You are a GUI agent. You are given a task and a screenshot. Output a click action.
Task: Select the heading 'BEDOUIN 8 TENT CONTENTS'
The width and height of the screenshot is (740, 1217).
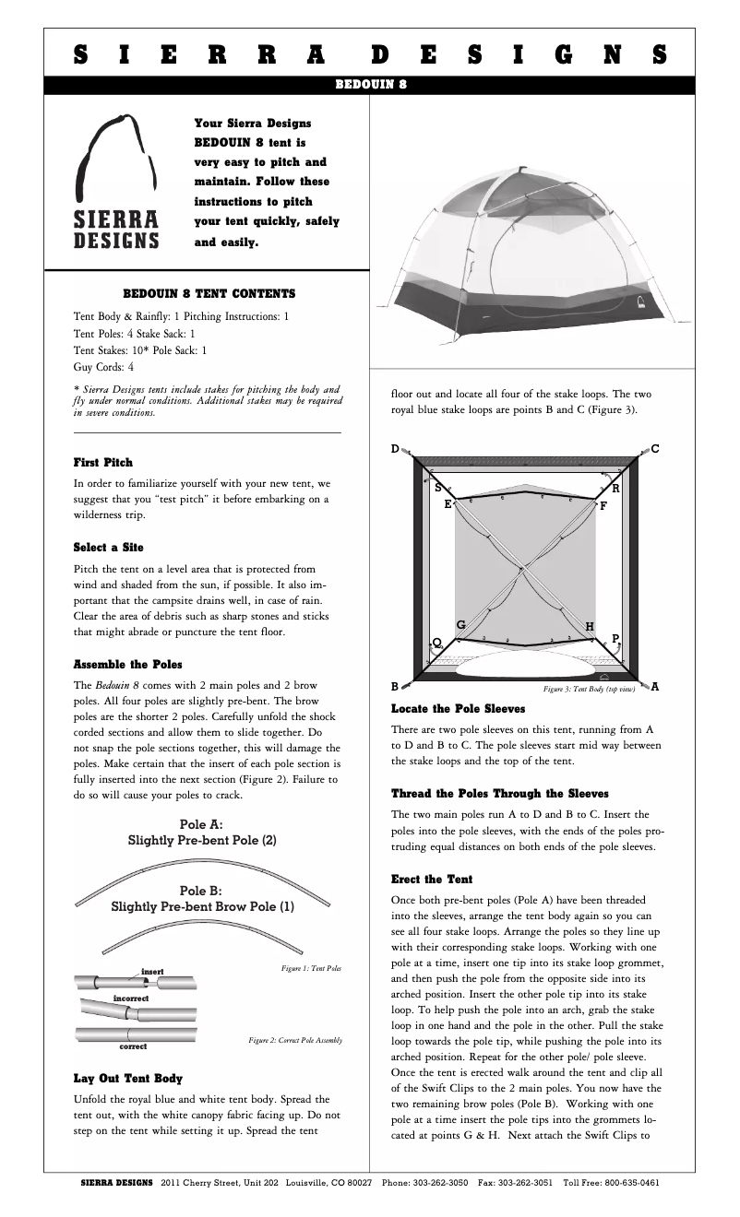[x=209, y=294]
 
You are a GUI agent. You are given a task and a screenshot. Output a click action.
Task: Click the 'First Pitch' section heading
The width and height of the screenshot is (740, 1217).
[x=102, y=462]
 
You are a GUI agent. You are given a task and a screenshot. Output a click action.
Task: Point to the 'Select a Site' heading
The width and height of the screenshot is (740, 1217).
[x=108, y=548]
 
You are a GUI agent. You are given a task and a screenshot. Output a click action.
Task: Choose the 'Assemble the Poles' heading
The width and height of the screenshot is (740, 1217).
[x=127, y=664]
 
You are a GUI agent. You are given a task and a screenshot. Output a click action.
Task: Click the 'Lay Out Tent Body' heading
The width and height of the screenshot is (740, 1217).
[x=127, y=1078]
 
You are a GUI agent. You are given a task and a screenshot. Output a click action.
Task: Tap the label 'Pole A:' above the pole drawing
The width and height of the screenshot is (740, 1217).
[x=201, y=824]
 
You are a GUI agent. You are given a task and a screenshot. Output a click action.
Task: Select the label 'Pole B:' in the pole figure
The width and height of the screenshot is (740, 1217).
[x=201, y=891]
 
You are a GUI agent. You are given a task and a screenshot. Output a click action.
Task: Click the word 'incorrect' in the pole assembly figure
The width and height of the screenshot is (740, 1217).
[x=130, y=998]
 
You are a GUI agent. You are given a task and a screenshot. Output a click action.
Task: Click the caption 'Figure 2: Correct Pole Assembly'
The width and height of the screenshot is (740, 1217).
[x=295, y=1040]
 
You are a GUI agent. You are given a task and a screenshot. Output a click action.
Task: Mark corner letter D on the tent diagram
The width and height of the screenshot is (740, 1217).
[x=395, y=449]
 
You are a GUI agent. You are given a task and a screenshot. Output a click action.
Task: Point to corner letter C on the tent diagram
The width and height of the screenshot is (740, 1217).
[x=654, y=449]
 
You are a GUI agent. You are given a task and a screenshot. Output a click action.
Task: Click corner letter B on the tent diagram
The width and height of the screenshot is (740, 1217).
[x=395, y=687]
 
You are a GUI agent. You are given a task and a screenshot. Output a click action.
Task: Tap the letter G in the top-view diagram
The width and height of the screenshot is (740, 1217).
[x=460, y=625]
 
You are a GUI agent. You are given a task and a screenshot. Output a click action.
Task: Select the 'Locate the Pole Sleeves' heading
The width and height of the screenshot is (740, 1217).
[x=458, y=709]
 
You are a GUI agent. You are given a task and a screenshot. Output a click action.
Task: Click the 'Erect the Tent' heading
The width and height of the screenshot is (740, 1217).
[x=432, y=879]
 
